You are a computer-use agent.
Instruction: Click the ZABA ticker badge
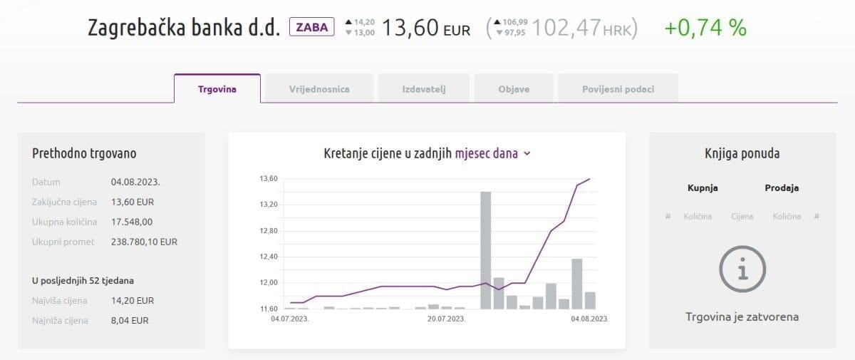(311, 28)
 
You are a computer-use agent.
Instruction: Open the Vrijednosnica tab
(319, 89)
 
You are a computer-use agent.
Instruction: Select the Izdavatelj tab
(423, 89)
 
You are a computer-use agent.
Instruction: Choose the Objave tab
(514, 89)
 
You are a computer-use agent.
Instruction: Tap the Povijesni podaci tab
(618, 89)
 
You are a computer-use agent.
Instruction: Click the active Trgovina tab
(217, 89)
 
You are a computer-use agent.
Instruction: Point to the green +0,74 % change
(705, 28)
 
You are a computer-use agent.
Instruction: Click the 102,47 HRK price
(584, 29)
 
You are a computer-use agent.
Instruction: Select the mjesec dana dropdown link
(492, 153)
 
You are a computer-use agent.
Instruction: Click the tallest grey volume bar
(485, 250)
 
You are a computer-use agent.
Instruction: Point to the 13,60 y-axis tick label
(268, 179)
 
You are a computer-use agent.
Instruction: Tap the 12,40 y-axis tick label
(268, 257)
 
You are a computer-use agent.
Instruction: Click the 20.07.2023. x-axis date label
(446, 319)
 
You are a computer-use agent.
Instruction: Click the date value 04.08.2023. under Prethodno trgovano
(135, 182)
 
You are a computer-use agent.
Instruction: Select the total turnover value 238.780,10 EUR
(144, 242)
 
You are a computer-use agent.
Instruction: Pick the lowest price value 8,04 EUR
(130, 320)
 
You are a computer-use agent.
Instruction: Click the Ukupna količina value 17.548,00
(132, 222)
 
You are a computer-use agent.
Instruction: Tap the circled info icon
(742, 270)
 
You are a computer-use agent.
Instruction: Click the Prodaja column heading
(782, 188)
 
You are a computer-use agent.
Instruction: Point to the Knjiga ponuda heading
(742, 153)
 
